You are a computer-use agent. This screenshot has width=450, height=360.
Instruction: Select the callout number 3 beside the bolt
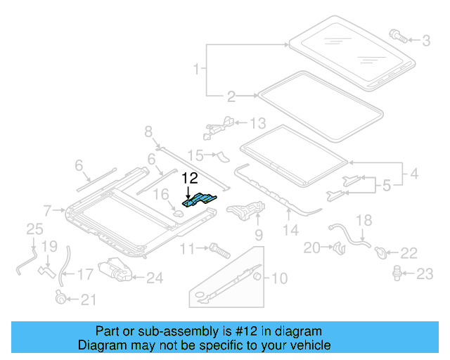pyautogui.click(x=426, y=41)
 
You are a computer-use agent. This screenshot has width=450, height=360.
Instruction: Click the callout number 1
pyautogui.click(x=198, y=70)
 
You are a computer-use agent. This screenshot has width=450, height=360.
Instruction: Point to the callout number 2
pyautogui.click(x=231, y=96)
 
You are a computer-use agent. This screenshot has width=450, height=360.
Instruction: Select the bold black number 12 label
pyautogui.click(x=191, y=178)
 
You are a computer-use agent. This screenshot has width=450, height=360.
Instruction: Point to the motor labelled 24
pyautogui.click(x=115, y=270)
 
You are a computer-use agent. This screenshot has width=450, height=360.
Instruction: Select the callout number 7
pyautogui.click(x=46, y=210)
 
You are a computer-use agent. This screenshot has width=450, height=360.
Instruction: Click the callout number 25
pyautogui.click(x=34, y=229)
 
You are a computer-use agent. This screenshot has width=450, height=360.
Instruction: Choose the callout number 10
pyautogui.click(x=279, y=278)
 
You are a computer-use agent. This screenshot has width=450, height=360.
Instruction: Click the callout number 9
pyautogui.click(x=258, y=235)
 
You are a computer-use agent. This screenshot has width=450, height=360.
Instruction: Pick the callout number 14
pyautogui.click(x=291, y=229)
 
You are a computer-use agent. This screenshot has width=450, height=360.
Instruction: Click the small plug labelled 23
pyautogui.click(x=397, y=271)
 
